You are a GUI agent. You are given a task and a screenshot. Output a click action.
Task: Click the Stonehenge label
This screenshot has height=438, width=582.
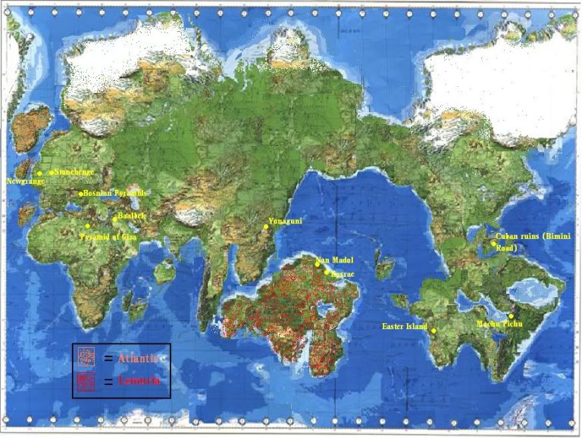[75, 172]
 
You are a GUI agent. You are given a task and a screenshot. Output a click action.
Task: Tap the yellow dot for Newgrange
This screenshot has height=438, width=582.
[39, 174]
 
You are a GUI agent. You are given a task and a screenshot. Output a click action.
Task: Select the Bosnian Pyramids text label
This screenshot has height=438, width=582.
[114, 194]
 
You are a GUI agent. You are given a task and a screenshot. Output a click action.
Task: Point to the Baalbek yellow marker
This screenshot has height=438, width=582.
[114, 220]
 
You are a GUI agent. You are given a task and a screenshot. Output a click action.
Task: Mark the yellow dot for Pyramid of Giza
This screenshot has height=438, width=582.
[88, 226]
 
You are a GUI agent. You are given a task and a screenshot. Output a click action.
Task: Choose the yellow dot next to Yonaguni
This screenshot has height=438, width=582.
[266, 227]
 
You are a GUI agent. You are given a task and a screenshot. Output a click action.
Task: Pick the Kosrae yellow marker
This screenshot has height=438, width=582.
[327, 272]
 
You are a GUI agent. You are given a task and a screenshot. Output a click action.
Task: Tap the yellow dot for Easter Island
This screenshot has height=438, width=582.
[433, 331]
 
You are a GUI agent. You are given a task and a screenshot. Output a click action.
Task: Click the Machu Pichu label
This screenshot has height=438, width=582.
[496, 325]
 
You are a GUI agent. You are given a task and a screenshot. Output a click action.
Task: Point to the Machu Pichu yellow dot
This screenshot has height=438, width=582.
[512, 316]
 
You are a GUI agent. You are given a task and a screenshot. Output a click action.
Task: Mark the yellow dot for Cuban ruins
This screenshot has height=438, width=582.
[492, 243]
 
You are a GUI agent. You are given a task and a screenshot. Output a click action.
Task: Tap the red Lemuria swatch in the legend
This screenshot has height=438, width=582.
[87, 381]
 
